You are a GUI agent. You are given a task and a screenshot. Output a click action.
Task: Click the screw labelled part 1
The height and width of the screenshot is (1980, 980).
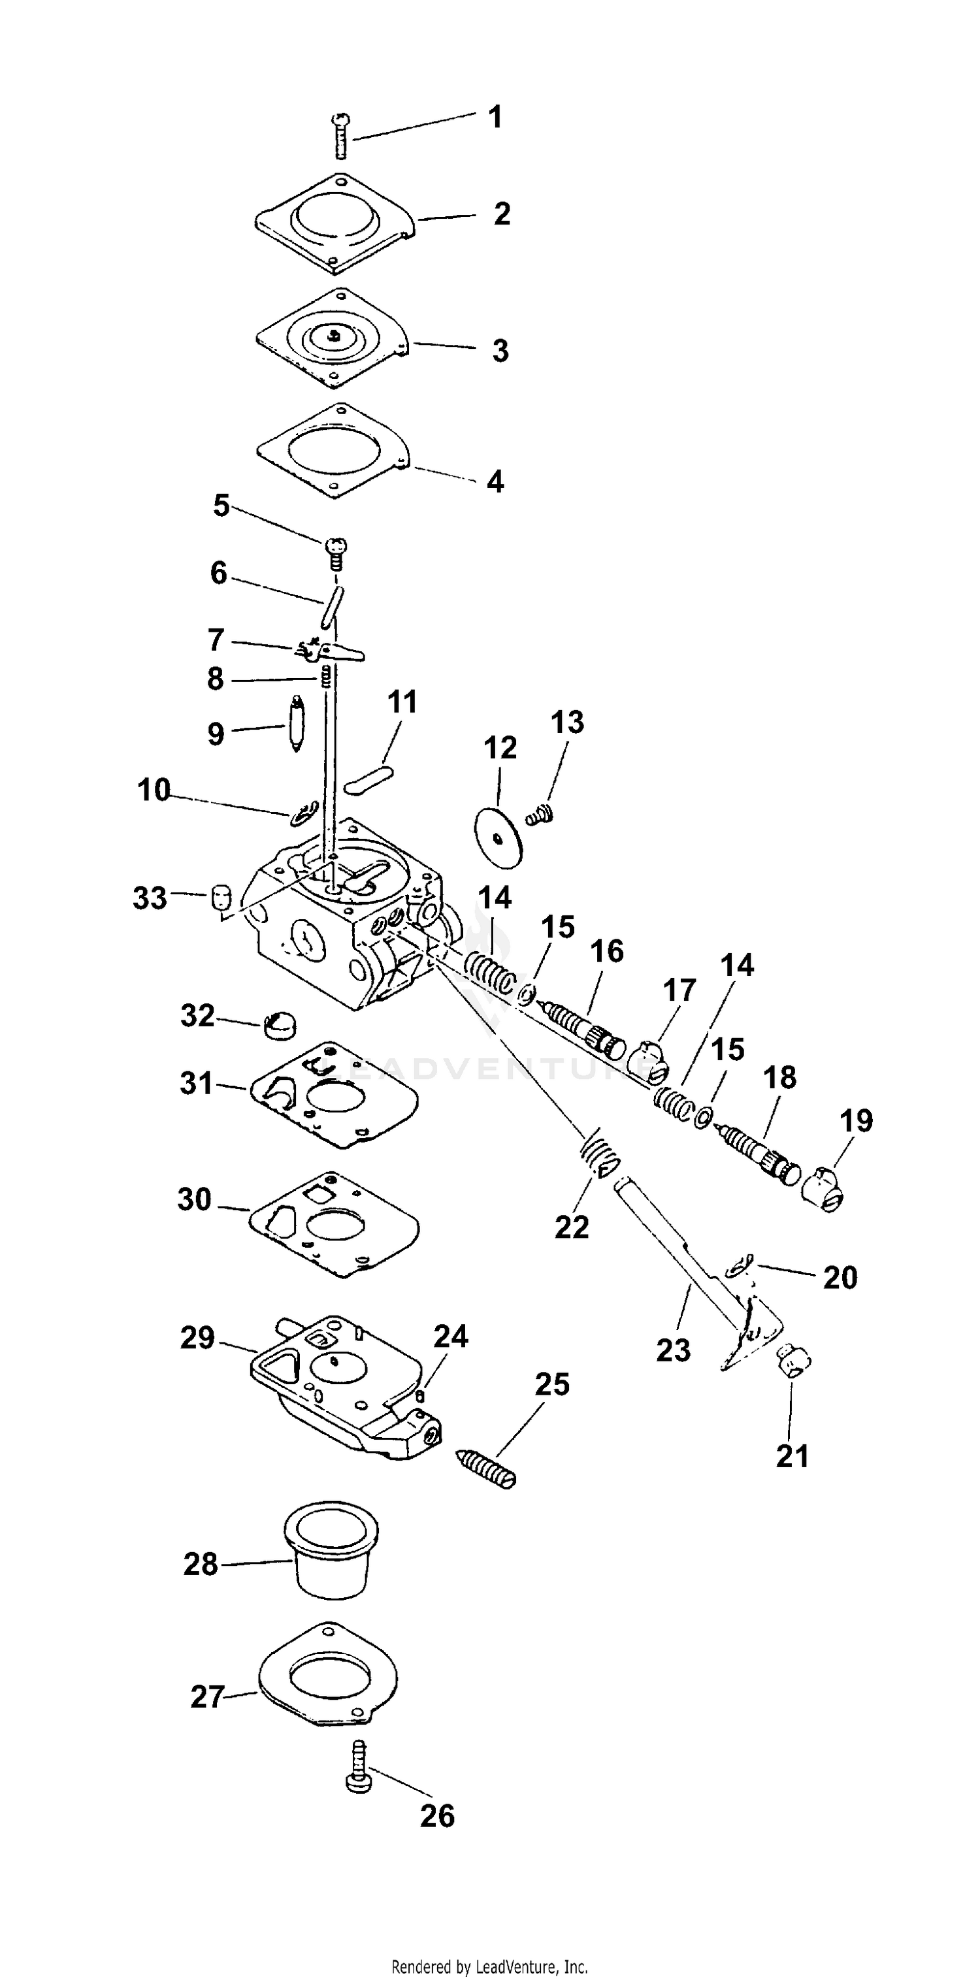pos(340,136)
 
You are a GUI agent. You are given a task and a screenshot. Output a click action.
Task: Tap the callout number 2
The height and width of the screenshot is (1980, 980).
pos(501,214)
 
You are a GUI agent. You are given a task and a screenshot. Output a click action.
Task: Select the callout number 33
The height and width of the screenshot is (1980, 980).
pos(149,898)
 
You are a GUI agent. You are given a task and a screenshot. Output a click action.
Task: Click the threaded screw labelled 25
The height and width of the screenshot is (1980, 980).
pos(487,1468)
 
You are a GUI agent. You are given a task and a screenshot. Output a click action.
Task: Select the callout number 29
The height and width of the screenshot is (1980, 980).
pos(197,1339)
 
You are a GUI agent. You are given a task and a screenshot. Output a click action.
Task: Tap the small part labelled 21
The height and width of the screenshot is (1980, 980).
pos(794,1362)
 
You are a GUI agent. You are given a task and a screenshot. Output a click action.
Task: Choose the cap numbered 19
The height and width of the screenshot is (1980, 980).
pos(823,1188)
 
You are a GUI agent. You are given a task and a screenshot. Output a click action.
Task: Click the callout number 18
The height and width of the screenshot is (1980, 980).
pos(779,1078)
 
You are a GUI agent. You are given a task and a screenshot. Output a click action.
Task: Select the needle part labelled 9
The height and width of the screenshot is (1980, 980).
pos(297,724)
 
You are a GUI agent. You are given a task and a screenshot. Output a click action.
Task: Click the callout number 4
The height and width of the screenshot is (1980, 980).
pos(495,482)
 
